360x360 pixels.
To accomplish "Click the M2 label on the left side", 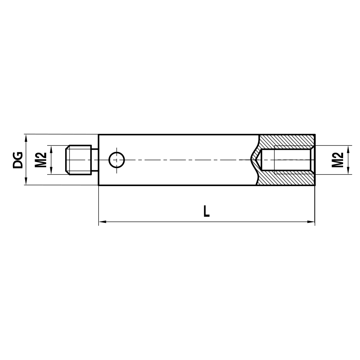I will point(41,160).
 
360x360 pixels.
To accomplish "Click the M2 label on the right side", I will point(337,160).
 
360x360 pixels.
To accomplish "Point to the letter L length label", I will point(206,211).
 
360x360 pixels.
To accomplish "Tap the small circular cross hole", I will point(117,160).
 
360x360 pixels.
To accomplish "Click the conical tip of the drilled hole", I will point(254,160).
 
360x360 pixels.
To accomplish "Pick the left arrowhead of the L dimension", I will point(102,222).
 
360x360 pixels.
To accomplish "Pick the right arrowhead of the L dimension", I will point(312,222).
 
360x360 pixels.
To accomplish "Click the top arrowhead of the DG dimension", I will point(26,137).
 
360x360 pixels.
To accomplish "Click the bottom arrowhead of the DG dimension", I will point(26,183).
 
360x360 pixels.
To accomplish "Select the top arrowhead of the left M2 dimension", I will point(51,148).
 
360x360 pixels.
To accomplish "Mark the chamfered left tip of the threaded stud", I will point(67,160).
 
